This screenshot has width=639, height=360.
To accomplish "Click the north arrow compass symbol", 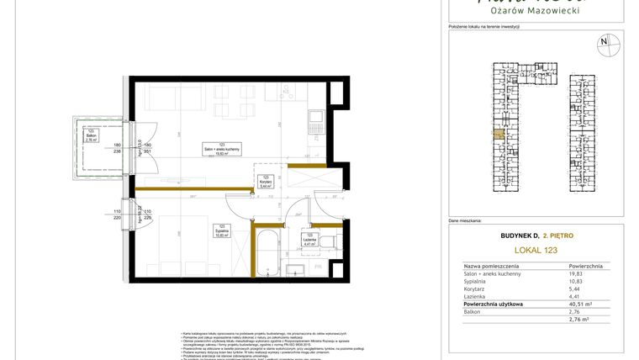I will [603, 42].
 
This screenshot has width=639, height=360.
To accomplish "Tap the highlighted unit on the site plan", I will [499, 134].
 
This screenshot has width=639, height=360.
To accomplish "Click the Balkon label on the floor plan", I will [90, 135].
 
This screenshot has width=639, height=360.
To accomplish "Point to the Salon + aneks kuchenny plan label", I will [222, 150].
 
